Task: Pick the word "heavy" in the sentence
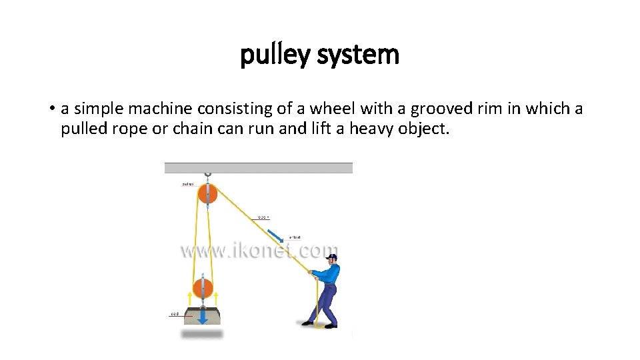370,129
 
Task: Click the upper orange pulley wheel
207,195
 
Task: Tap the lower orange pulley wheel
203,289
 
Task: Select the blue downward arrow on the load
203,316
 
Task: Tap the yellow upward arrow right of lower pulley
217,297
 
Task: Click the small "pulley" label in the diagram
187,184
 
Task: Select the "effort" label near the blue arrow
295,237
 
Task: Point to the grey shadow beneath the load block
203,333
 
